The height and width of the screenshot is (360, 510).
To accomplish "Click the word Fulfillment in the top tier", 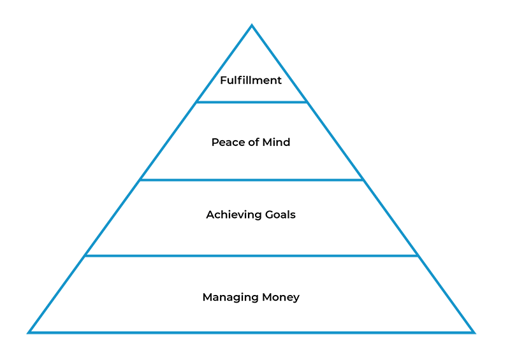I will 251,80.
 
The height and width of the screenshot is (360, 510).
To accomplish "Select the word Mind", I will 276,142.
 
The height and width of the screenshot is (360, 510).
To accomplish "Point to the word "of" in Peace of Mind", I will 252,142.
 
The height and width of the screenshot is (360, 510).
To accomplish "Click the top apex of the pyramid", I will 252,26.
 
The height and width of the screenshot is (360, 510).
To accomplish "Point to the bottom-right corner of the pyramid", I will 473,332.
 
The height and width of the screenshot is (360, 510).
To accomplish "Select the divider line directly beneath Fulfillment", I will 252,102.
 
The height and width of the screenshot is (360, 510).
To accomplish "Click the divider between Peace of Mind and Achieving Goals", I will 252,180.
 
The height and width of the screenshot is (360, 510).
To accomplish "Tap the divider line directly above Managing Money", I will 252,256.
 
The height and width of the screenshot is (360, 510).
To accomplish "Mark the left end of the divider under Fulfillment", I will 197,102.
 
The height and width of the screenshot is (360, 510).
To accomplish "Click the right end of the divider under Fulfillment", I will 307,102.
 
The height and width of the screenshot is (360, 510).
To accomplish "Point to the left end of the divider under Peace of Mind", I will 140,180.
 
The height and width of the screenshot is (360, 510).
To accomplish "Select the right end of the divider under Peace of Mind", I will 363,180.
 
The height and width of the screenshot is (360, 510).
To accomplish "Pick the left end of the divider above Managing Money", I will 85,256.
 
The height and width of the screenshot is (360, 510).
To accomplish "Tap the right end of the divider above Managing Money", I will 418,256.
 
